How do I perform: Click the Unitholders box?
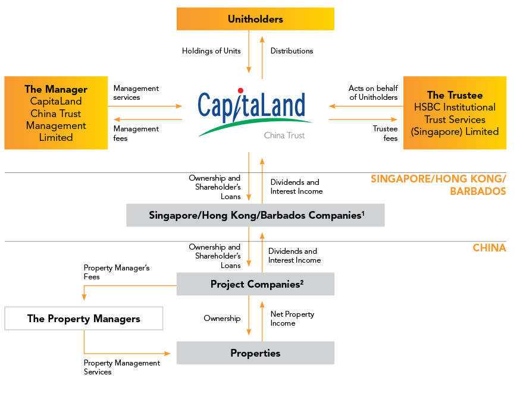tap(255, 19)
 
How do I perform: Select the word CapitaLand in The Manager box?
tap(56, 101)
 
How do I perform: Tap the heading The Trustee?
tap(455, 95)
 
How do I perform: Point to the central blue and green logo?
tap(255, 113)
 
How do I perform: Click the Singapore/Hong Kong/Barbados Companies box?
tap(255, 215)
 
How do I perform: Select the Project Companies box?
tap(255, 284)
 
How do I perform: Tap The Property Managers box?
tap(83, 319)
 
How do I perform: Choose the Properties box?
tap(255, 353)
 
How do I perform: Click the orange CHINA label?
tap(489, 248)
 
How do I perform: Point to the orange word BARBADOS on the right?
tap(478, 191)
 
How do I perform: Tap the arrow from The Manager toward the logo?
tap(146, 106)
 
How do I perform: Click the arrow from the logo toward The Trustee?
tap(363, 119)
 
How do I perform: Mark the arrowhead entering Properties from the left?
tap(168, 354)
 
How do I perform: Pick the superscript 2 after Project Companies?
tap(302, 281)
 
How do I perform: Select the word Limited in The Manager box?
tap(56, 137)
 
